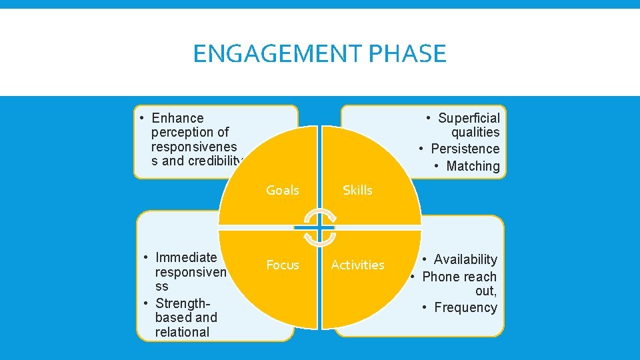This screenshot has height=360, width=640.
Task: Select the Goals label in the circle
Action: pos(283,190)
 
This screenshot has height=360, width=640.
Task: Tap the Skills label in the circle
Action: pos(357,190)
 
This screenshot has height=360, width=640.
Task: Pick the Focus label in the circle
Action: pos(283,265)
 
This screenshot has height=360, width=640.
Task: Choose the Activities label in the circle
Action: pos(357,265)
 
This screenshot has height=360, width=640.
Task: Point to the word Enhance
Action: pos(177,118)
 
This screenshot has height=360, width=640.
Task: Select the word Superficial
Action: pos(469,118)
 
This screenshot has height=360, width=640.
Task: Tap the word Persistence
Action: pos(465,149)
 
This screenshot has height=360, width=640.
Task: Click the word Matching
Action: pos(473,166)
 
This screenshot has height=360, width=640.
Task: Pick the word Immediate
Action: pos(186,257)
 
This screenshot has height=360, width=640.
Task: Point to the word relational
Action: pos(182,332)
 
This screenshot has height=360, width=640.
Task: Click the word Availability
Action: pos(465,259)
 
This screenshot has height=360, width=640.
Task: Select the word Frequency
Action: pos(465,307)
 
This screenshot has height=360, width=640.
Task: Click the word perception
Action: pos(190,132)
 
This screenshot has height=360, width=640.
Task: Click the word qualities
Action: pos(475,132)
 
